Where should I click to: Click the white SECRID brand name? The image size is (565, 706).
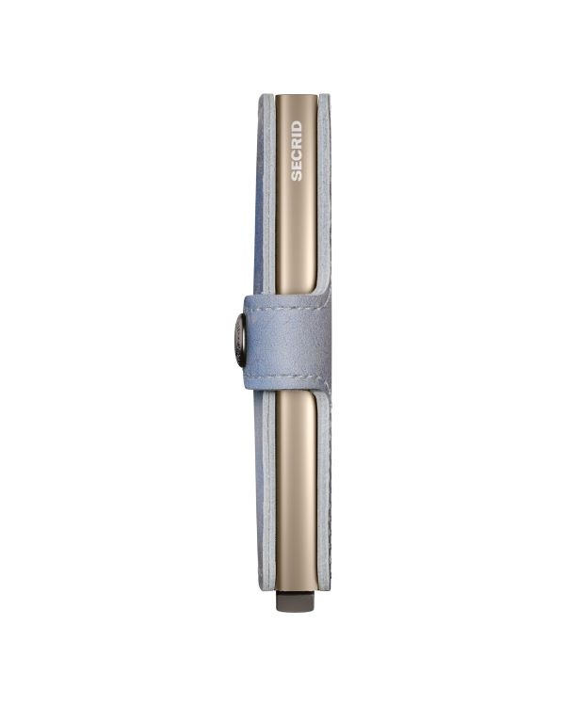(x=296, y=151)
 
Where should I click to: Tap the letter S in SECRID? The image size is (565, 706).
(x=296, y=176)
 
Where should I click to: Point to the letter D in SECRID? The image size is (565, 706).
(x=296, y=125)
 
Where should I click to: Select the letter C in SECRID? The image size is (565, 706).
(x=296, y=155)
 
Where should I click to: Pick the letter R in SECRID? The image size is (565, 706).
(x=296, y=144)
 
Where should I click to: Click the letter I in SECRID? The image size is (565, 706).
(x=296, y=136)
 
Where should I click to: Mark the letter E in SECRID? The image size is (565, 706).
(x=296, y=166)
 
